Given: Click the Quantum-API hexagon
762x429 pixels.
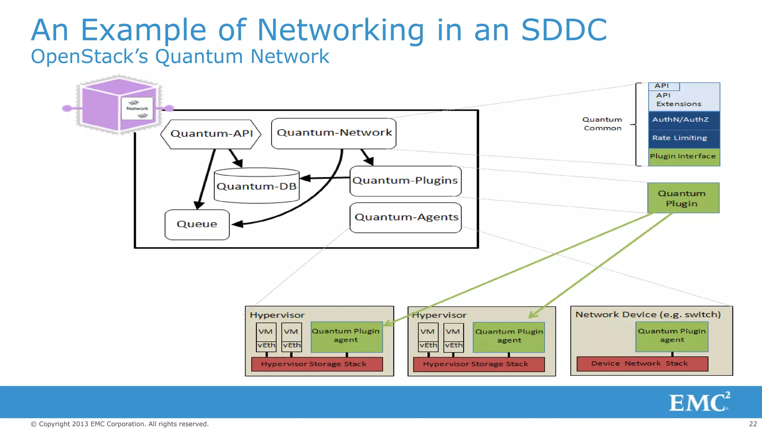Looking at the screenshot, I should (x=211, y=134).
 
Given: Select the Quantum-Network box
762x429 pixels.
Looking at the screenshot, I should (x=334, y=133).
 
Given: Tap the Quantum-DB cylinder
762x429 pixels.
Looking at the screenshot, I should (x=257, y=186).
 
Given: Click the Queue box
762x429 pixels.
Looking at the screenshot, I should (x=197, y=225).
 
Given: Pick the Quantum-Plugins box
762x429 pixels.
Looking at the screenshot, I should (x=405, y=181).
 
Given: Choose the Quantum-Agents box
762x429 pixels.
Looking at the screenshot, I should (x=406, y=217).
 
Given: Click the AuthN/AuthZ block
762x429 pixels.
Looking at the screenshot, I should (x=684, y=120).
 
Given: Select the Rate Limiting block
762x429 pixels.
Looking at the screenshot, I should (x=684, y=138).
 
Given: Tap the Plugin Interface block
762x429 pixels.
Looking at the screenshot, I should (x=684, y=157).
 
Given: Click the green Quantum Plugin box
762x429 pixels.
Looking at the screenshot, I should (x=683, y=198).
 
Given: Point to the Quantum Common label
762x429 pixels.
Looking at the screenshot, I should (x=602, y=124).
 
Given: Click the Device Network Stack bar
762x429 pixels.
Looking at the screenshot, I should (x=642, y=364).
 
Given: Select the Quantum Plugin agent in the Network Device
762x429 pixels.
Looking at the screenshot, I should (x=672, y=336).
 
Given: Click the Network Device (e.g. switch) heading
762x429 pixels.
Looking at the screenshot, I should (x=648, y=315).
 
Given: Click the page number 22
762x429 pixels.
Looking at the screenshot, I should (x=753, y=424).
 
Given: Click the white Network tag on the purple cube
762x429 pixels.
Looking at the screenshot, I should (x=137, y=108).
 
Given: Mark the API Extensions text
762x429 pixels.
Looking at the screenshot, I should (x=678, y=100).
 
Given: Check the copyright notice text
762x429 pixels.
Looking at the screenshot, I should (x=119, y=424).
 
